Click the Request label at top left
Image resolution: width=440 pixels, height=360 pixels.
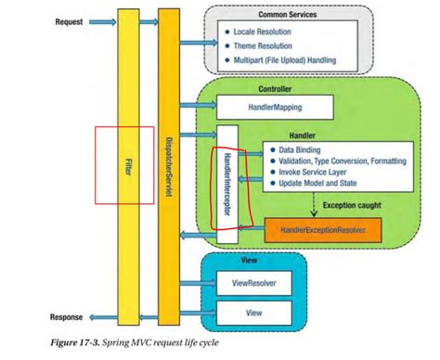[x=71, y=20]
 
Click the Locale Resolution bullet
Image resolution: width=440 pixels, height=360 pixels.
[x=268, y=32]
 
